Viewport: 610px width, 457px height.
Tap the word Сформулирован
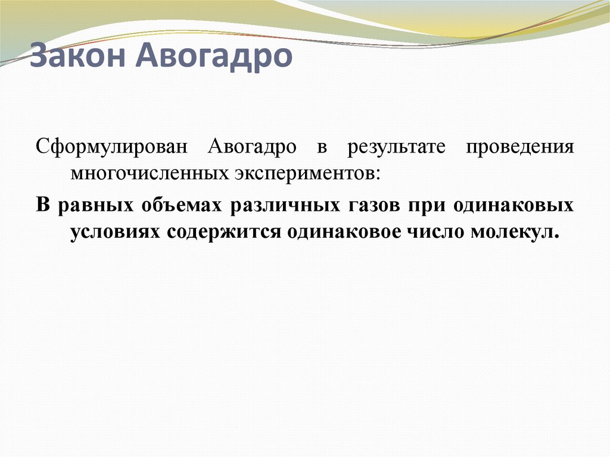[113, 147]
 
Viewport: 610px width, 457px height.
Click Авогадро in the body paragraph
[252, 147]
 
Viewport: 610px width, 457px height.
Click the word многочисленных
[148, 173]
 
